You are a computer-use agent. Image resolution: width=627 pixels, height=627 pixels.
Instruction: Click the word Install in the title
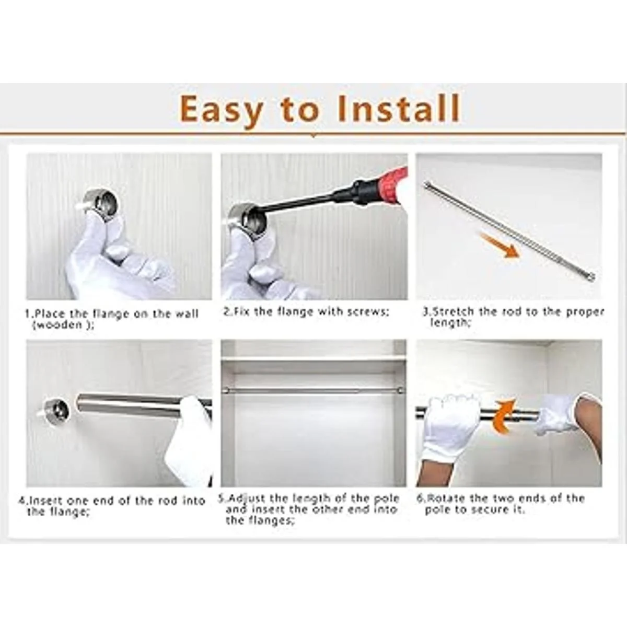point(399,108)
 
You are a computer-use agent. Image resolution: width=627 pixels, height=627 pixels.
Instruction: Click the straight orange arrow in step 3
point(499,246)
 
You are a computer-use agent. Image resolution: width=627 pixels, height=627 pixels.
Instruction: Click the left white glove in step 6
point(450,427)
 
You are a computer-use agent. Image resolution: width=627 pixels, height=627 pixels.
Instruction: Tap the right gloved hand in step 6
point(557,414)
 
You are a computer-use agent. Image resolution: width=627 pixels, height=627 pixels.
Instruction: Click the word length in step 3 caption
point(450,323)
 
